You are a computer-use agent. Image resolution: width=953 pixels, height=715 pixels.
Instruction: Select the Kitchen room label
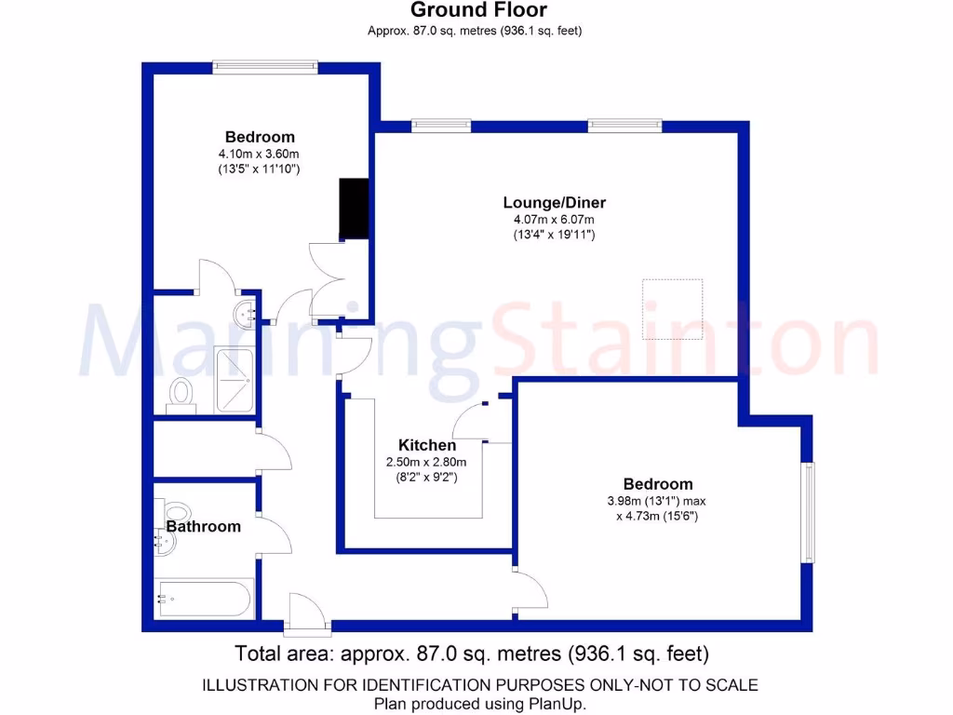[x=427, y=445]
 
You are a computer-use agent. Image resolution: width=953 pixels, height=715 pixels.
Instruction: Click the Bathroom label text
[x=204, y=526]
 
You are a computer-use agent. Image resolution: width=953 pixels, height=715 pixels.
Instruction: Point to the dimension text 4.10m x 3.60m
[x=259, y=154]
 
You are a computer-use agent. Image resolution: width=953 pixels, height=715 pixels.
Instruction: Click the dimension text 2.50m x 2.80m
[x=427, y=462]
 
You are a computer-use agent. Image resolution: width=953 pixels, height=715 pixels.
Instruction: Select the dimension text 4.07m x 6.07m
[x=554, y=219]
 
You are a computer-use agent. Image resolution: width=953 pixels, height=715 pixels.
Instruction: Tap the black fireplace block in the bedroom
[x=354, y=209]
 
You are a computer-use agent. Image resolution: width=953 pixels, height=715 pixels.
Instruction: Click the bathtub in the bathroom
[x=204, y=600]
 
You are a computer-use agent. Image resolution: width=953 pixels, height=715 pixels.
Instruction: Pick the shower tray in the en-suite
[x=234, y=380]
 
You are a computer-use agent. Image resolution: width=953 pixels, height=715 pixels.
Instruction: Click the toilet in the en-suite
[x=181, y=394]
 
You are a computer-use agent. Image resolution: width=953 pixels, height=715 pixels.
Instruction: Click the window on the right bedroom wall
[x=808, y=512]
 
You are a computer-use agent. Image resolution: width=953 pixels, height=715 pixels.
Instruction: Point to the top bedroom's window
[x=265, y=67]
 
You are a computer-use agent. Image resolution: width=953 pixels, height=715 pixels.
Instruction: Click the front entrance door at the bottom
[x=307, y=614]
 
